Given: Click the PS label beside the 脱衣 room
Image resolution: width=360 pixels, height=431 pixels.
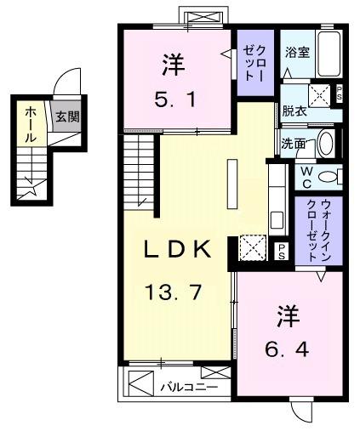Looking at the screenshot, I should point(340,94).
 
